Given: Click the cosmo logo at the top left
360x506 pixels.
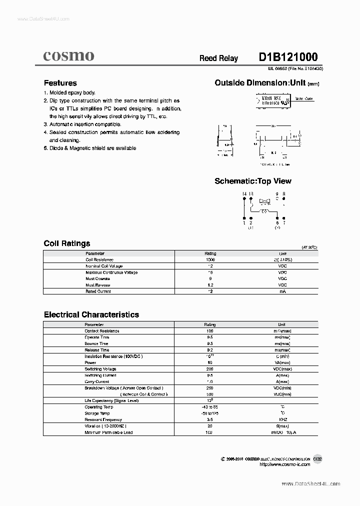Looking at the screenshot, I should (68, 56).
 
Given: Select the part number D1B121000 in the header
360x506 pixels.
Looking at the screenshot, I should (287, 57).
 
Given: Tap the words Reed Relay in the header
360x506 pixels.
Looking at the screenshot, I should (218, 58).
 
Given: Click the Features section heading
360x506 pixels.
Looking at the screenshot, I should (60, 83).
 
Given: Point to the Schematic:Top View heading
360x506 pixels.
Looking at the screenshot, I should (252, 181).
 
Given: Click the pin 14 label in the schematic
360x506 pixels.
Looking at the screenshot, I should (244, 193).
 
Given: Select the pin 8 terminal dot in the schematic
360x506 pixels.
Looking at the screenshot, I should (283, 198).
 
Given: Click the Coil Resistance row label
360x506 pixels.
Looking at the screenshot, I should (99, 260).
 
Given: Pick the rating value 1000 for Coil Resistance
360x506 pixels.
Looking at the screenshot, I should (210, 260).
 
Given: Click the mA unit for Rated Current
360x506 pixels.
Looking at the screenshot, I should (282, 291).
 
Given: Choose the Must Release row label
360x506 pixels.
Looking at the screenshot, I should (97, 285).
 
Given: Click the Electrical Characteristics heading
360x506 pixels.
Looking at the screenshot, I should (91, 314).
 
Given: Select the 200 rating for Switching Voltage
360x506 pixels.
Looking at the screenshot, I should (210, 368).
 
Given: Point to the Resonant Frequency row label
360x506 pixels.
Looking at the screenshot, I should (103, 419).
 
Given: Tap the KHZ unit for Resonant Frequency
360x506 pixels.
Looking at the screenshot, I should (282, 419).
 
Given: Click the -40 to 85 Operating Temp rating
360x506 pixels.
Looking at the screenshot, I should (210, 407).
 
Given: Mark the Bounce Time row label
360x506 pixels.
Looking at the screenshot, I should (96, 343).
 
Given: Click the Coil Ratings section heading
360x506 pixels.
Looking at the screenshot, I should (67, 243).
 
